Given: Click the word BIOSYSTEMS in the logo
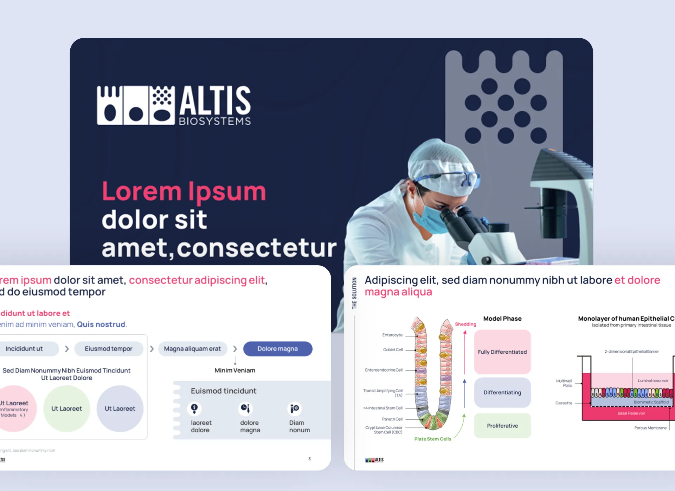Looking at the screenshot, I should point(215,121).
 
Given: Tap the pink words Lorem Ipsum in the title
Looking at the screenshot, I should point(184,192).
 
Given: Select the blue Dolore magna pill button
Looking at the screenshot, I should point(277,349).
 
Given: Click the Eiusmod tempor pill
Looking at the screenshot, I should point(108,349).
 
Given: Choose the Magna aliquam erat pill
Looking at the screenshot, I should point(192,349).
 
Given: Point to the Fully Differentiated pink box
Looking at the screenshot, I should point(502,352).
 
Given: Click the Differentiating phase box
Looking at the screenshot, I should point(502,392).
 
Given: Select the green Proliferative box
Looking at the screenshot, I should point(502,426).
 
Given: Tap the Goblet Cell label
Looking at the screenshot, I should point(393,350).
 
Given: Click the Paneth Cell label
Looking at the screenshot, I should point(392,419).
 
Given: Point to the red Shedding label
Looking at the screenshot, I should point(465,324).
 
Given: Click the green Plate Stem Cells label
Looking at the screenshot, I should point(432,439).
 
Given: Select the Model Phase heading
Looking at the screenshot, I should point(502,319).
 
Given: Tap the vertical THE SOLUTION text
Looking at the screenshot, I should point(354,293).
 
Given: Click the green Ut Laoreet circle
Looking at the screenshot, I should point(66,408).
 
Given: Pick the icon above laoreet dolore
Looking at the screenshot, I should point(194,408).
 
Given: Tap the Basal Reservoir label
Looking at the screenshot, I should point(631,413).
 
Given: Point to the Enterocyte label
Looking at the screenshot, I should point(392,335).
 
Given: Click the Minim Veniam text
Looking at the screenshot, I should point(235,370).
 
